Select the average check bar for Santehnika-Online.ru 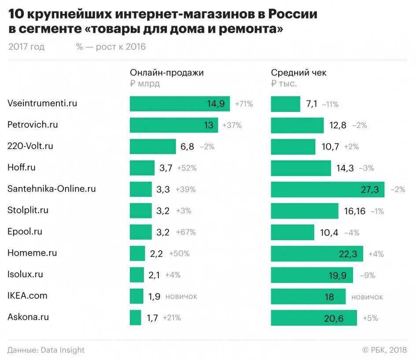point(327,189)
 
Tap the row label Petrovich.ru point(33,125)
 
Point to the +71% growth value point(244,104)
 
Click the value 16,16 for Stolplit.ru point(354,211)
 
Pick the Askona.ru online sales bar point(135,317)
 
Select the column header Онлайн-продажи point(166,73)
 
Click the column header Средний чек point(298,73)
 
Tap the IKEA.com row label point(27,296)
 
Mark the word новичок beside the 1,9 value point(181,297)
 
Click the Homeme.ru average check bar point(317,254)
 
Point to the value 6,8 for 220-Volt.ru point(187,147)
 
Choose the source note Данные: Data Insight point(46,350)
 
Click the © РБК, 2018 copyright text point(384,350)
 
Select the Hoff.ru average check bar point(301,168)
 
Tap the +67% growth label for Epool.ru point(185,232)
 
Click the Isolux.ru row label point(25,274)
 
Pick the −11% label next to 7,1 point(330,104)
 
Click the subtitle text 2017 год point(26,47)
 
